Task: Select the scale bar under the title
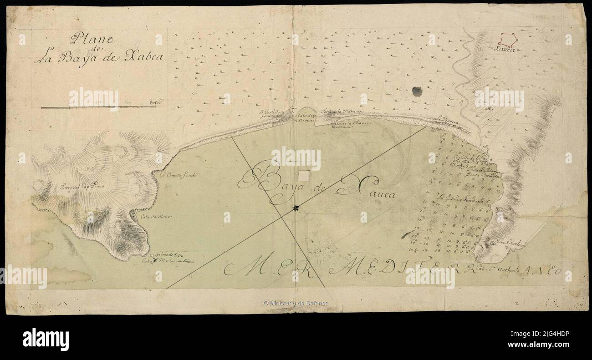(98, 107)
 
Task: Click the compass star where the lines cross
(296, 208)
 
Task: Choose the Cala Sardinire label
(156, 217)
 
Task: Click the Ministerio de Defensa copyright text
(296, 303)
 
